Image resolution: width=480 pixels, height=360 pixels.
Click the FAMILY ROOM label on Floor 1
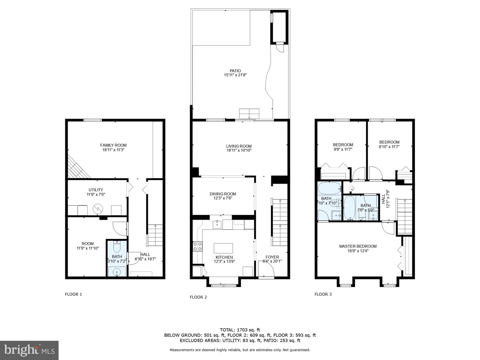click(x=113, y=145)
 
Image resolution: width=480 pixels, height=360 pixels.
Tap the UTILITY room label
click(x=96, y=190)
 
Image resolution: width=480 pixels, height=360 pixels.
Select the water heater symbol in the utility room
click(x=98, y=209)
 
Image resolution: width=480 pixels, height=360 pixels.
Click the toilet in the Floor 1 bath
click(x=117, y=247)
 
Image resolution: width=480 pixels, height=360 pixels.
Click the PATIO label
click(x=235, y=71)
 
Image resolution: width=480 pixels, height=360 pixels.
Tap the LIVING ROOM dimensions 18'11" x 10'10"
click(x=239, y=151)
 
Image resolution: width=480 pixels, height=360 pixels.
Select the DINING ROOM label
click(x=223, y=194)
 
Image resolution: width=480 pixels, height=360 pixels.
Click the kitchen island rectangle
click(x=223, y=248)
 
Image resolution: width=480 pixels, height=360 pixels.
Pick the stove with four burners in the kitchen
click(x=197, y=246)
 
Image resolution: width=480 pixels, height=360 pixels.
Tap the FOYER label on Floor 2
click(x=272, y=257)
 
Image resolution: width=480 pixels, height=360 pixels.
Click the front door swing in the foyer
click(x=266, y=269)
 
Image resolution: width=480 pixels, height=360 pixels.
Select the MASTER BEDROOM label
click(x=358, y=246)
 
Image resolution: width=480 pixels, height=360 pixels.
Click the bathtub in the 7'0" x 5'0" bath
click(x=349, y=208)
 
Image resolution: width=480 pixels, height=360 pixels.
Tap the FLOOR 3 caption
click(x=323, y=294)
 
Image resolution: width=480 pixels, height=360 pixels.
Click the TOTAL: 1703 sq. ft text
click(x=240, y=330)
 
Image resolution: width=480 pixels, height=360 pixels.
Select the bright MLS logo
click(x=29, y=350)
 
